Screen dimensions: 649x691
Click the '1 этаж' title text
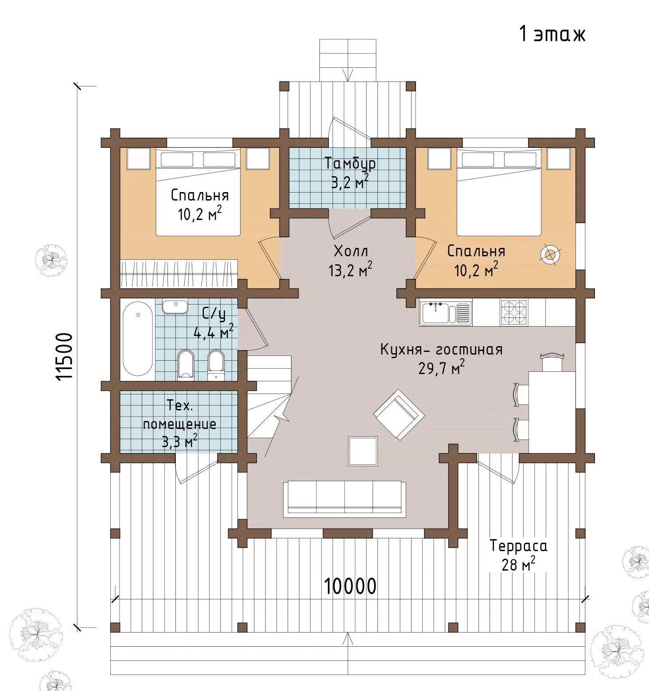[552, 34]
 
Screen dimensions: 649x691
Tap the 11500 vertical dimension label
[65, 356]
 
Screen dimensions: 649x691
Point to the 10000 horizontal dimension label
[350, 586]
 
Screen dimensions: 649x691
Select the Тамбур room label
[350, 163]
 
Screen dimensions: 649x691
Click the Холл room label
[350, 251]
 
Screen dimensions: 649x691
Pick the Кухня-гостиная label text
[442, 349]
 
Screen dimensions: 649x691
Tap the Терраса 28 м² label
[518, 555]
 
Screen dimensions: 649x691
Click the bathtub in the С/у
[138, 339]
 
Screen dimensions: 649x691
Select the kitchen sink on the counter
[446, 313]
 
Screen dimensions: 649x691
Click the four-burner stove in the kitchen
[514, 313]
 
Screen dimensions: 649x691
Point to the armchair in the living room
[399, 414]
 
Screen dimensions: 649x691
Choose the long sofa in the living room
[344, 499]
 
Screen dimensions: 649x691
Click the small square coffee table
[363, 451]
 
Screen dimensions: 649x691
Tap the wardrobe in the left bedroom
[179, 274]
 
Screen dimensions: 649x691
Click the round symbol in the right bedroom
[550, 255]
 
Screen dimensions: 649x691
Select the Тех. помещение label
[179, 423]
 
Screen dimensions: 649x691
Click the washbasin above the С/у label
[175, 307]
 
